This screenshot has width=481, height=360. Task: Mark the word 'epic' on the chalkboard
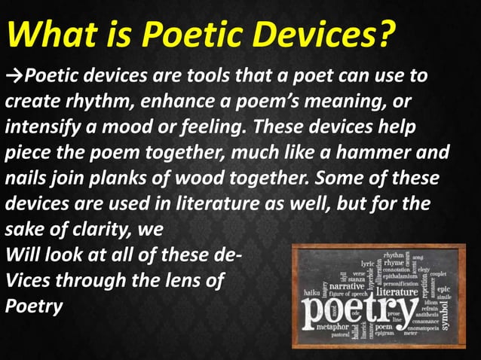pyautogui.click(x=443, y=288)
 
